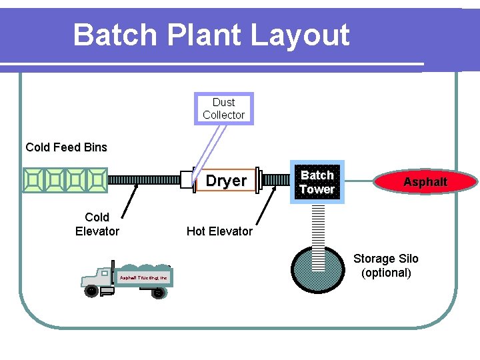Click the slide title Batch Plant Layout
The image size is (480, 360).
pyautogui.click(x=211, y=35)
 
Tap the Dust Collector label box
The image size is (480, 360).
pyautogui.click(x=223, y=109)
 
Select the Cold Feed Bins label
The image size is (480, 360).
pyautogui.click(x=66, y=147)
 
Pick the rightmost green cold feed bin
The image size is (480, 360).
pyautogui.click(x=97, y=180)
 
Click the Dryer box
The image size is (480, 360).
pyautogui.click(x=225, y=181)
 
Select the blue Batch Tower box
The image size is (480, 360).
pyautogui.click(x=317, y=182)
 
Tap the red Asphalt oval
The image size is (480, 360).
pyautogui.click(x=426, y=182)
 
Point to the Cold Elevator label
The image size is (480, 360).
pyautogui.click(x=97, y=224)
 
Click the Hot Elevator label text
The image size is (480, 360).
pyautogui.click(x=219, y=231)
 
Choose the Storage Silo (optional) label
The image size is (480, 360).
pyautogui.click(x=386, y=265)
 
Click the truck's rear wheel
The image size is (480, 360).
pyautogui.click(x=158, y=291)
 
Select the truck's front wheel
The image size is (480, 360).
pyautogui.click(x=90, y=290)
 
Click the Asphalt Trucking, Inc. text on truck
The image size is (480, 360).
pyautogui.click(x=143, y=277)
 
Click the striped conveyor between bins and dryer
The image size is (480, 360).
pyautogui.click(x=143, y=180)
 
